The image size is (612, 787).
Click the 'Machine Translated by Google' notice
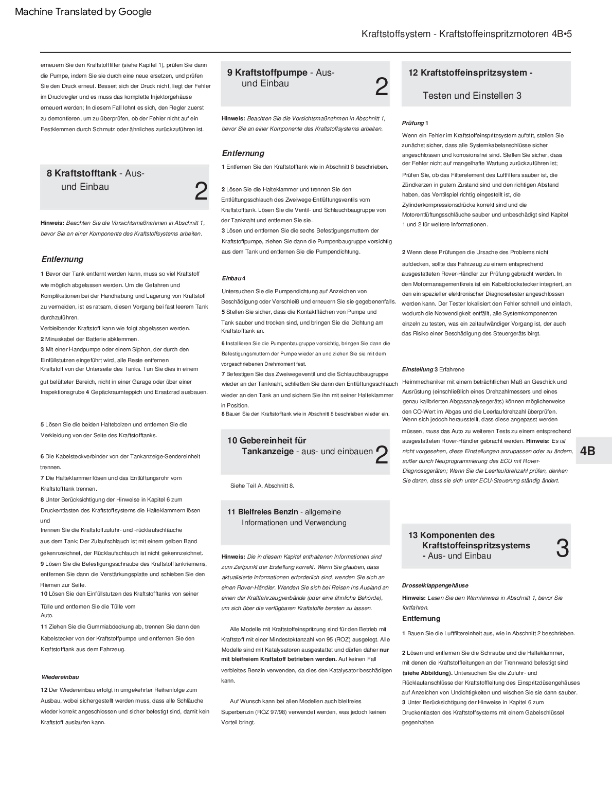(83, 12)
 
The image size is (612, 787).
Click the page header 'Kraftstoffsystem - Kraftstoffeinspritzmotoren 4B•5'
(466, 34)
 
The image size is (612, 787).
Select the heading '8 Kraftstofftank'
(82, 173)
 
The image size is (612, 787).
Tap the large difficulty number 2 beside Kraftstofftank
(201, 191)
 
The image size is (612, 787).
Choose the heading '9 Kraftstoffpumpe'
(267, 73)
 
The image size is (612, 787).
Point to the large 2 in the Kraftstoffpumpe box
(381, 87)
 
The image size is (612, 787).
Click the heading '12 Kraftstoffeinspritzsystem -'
(470, 73)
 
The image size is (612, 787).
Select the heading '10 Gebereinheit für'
(266, 440)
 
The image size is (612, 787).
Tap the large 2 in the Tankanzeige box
(381, 455)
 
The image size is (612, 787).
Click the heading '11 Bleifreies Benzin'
(263, 512)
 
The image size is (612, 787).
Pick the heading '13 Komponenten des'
(451, 535)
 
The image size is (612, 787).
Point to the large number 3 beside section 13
(562, 548)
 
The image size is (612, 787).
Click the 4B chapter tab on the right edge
(587, 451)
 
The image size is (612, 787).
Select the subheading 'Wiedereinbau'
(60, 677)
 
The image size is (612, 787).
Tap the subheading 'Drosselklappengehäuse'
(435, 585)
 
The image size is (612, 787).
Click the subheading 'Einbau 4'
(233, 278)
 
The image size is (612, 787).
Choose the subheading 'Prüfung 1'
(415, 123)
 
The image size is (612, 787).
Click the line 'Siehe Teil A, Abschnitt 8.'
(262, 486)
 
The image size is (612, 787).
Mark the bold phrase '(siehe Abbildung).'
(427, 673)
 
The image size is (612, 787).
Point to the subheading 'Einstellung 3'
(420, 369)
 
